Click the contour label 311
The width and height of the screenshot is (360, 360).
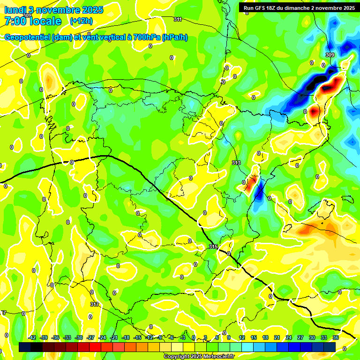tap(177, 19)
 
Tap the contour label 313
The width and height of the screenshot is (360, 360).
tap(236, 163)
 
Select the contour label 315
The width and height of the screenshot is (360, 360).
tap(213, 247)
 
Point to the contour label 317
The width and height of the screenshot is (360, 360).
tap(95, 304)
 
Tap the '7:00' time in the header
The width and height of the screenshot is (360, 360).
tap(14, 21)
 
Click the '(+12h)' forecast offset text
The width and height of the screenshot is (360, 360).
tap(81, 21)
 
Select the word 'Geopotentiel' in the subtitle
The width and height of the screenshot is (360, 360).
tap(28, 37)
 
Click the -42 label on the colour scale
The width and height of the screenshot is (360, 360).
tap(32, 337)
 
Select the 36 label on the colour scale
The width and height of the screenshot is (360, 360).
tap(336, 337)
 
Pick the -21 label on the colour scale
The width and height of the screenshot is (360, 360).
tap(114, 337)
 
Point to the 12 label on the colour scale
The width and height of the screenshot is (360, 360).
tap(242, 337)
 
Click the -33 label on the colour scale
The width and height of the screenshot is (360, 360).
tap(67, 337)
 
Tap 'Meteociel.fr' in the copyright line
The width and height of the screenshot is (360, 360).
tap(218, 357)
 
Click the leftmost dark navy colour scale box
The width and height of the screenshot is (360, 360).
tap(25, 347)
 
